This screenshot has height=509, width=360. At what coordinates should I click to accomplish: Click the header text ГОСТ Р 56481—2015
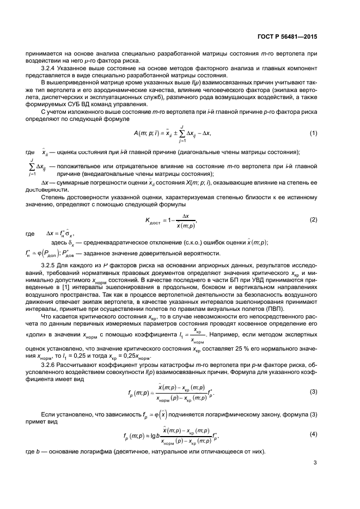pos(288,36)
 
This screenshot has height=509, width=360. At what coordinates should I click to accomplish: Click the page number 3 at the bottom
pos(315,463)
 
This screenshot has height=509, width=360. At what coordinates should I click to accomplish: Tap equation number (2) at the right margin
pos(314,219)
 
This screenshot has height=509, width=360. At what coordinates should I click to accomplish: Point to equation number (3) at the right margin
pos(314,391)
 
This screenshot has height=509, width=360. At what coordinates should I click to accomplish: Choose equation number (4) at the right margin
pos(314,434)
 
